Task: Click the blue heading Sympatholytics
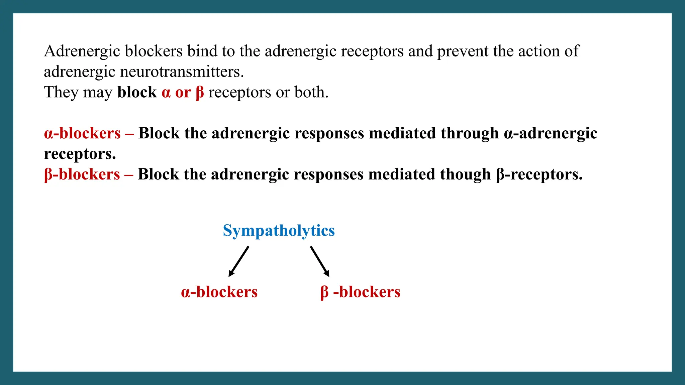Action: click(x=279, y=231)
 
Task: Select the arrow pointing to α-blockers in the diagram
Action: click(x=239, y=261)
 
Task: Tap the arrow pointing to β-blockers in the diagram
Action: click(x=320, y=261)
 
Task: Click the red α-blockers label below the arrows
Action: click(x=219, y=292)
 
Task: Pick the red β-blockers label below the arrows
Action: click(x=360, y=292)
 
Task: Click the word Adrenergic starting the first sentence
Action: click(x=82, y=51)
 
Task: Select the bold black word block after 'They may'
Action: click(x=137, y=93)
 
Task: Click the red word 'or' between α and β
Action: click(x=183, y=93)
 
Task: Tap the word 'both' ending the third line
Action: click(x=311, y=93)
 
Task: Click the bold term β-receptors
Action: click(x=539, y=174)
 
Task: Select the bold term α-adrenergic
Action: click(x=550, y=133)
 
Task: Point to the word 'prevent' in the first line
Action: click(x=463, y=51)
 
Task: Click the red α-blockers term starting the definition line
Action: click(x=82, y=133)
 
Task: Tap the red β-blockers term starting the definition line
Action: click(x=82, y=174)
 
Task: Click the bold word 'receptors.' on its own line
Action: click(x=80, y=154)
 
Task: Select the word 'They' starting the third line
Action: click(x=61, y=93)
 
